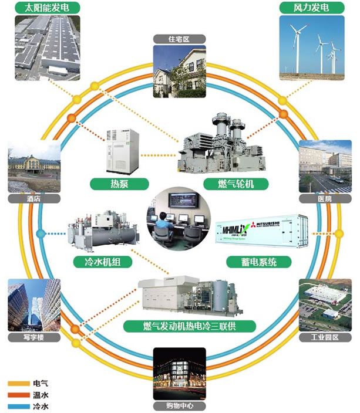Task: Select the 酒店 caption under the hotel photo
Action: [33, 199]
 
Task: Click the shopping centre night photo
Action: [179, 374]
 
